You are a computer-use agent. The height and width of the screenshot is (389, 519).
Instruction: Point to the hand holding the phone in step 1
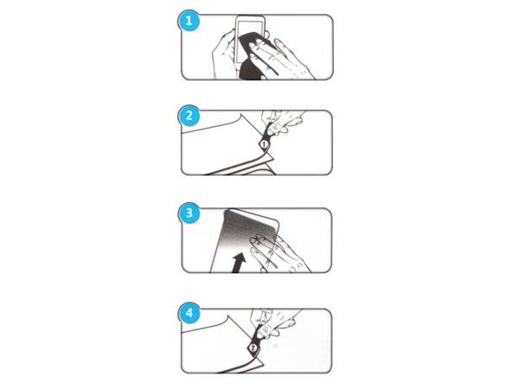[225, 48]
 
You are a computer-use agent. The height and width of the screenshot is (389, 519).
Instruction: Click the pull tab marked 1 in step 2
[266, 142]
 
